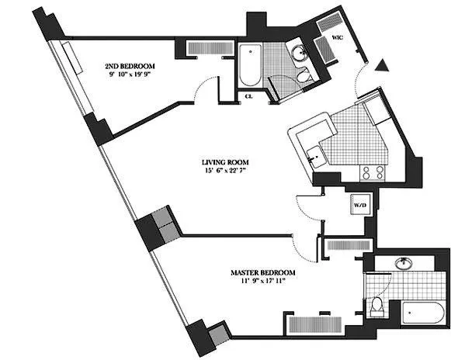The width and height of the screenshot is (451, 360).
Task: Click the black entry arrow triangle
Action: tap(380, 67)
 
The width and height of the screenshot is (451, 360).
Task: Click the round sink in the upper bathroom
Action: tap(299, 53)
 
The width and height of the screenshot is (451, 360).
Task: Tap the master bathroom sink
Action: tap(404, 263)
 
